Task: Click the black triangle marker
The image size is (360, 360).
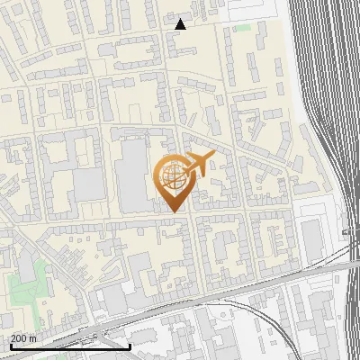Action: pyautogui.click(x=181, y=24)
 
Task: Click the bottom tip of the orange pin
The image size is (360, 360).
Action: pyautogui.click(x=174, y=211)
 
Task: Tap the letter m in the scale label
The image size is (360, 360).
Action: pyautogui.click(x=33, y=338)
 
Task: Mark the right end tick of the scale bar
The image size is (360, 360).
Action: pyautogui.click(x=130, y=346)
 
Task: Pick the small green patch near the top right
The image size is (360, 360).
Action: pyautogui.click(x=241, y=28)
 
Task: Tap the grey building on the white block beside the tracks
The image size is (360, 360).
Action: pyautogui.click(x=311, y=237)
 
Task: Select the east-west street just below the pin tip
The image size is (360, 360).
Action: pyautogui.click(x=135, y=220)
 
